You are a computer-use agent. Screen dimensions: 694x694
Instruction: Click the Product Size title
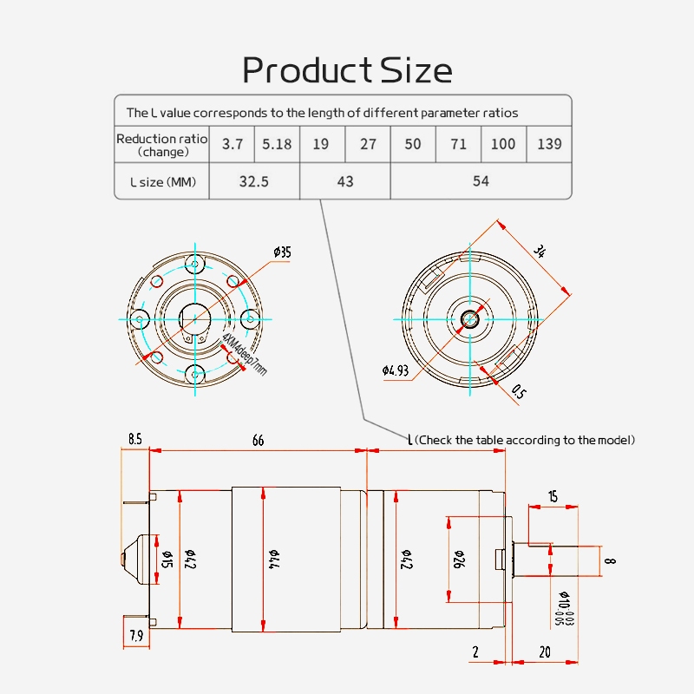click(347, 69)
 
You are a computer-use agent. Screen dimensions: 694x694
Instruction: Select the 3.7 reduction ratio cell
click(232, 144)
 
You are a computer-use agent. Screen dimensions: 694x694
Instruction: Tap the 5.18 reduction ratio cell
click(277, 144)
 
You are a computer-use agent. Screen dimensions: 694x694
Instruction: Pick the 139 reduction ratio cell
click(549, 144)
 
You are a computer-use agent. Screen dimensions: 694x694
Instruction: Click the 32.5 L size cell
click(254, 181)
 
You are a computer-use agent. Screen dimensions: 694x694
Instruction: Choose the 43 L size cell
click(345, 181)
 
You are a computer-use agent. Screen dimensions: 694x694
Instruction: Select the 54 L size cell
click(481, 181)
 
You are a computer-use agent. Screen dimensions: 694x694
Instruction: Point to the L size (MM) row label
click(162, 182)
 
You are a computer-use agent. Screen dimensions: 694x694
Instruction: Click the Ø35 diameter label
click(282, 252)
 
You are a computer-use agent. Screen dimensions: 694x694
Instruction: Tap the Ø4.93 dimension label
click(396, 371)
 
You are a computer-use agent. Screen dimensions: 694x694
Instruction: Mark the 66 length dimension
click(258, 441)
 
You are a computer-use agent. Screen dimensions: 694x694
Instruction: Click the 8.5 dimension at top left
click(134, 440)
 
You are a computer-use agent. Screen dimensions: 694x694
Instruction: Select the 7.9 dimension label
click(136, 636)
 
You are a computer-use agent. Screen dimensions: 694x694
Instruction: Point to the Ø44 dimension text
click(272, 556)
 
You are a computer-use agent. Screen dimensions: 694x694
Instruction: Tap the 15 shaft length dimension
click(553, 496)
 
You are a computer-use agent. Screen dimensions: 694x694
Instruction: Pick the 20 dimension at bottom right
click(545, 651)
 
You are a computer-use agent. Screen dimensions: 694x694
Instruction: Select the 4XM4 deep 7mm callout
click(246, 353)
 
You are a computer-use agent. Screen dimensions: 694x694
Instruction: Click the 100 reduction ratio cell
click(503, 144)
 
